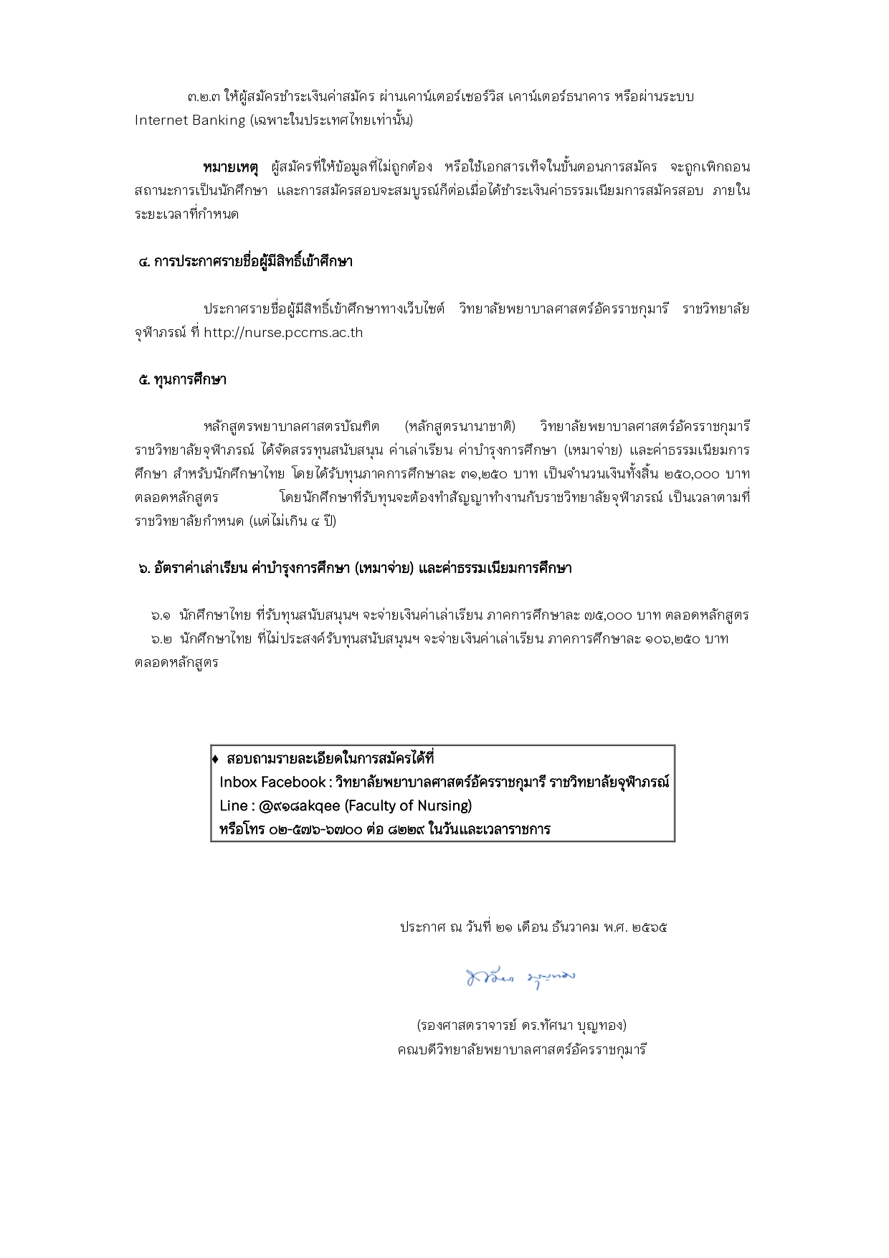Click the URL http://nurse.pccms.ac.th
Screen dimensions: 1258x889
(283, 333)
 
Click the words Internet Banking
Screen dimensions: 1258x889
(190, 120)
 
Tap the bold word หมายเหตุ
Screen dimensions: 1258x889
(229, 167)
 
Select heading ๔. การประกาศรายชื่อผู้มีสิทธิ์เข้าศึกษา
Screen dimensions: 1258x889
(245, 262)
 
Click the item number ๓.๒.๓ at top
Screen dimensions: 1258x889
(204, 96)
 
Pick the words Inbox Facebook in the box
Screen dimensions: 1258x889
(272, 782)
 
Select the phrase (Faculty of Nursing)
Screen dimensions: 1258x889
(408, 806)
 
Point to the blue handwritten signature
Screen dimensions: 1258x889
(521, 977)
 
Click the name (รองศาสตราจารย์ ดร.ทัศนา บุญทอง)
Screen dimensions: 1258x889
(521, 1026)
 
